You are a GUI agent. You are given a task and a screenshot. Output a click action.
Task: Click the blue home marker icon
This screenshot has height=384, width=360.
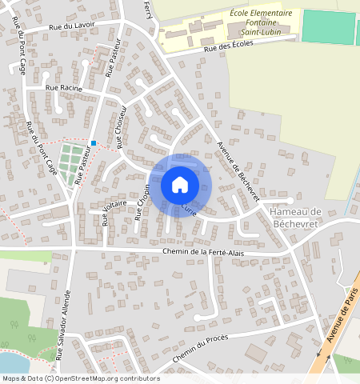tap(180, 185)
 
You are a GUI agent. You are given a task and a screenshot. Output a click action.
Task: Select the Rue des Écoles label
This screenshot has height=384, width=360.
tap(228, 47)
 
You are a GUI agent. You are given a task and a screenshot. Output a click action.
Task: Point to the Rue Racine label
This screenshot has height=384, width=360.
tap(64, 87)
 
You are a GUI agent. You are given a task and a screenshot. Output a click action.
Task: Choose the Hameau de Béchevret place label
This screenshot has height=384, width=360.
tap(295, 216)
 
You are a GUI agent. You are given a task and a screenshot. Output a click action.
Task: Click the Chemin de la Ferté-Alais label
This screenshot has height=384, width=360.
tap(203, 253)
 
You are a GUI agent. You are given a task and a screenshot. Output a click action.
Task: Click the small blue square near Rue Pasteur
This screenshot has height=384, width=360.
tap(94, 143)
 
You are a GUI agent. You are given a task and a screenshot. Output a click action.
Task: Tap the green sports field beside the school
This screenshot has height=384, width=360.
tap(328, 27)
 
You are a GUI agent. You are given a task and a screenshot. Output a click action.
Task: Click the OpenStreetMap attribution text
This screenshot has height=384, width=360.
tap(80, 378)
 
